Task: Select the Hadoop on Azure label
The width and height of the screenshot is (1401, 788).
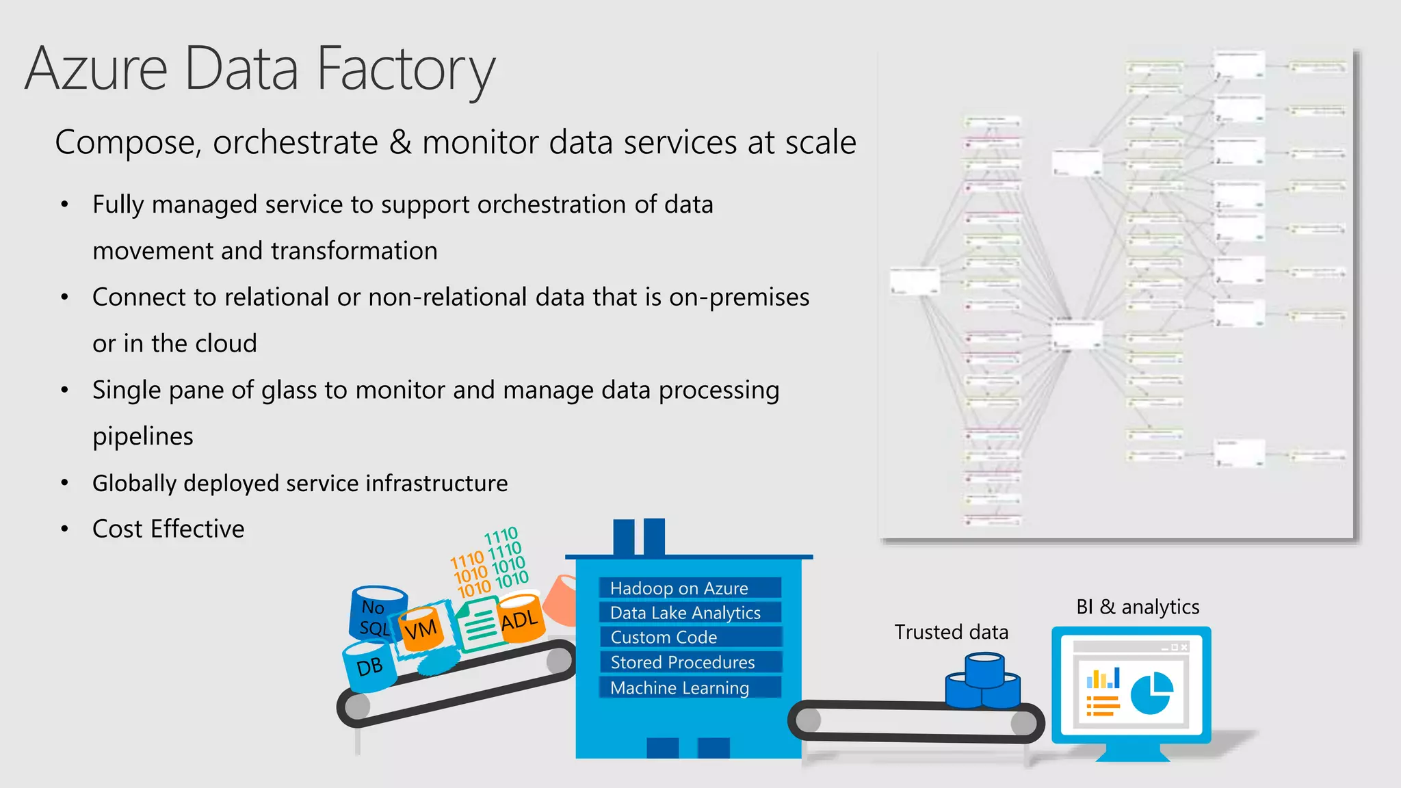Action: (x=679, y=588)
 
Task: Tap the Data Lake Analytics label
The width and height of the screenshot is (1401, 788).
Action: (x=685, y=613)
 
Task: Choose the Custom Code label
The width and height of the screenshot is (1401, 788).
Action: (x=664, y=638)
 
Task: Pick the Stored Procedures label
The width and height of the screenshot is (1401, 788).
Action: (x=682, y=662)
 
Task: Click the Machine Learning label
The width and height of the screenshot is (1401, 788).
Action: (x=679, y=687)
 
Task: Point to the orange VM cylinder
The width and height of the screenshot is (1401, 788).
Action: (x=419, y=629)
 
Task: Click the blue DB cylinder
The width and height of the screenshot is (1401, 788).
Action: (x=369, y=666)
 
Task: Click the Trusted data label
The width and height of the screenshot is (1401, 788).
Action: (x=951, y=632)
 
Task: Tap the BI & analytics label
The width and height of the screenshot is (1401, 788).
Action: (x=1137, y=607)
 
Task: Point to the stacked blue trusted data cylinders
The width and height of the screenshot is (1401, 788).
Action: (x=983, y=681)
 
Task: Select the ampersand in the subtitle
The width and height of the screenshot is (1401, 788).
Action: (x=400, y=142)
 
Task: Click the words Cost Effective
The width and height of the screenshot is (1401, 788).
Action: (x=168, y=529)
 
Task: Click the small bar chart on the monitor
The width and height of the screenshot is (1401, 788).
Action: (x=1103, y=679)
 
